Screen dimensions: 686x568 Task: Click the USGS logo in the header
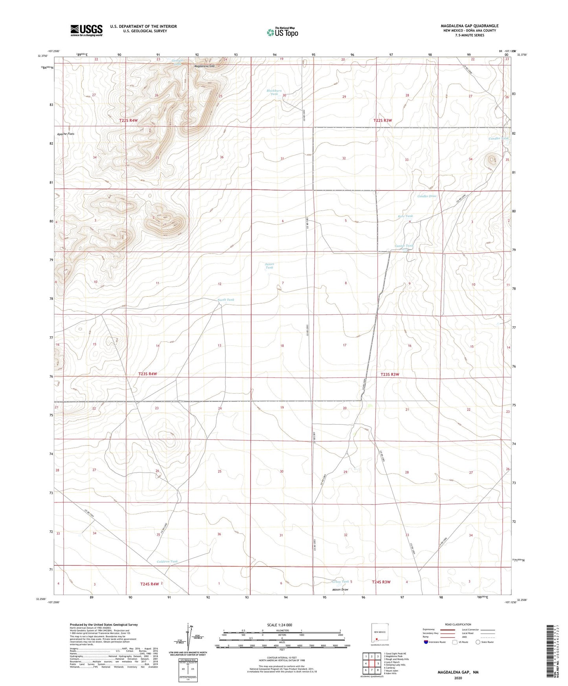(x=86, y=30)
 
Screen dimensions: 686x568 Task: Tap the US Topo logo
(x=282, y=32)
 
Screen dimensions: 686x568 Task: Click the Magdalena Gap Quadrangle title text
(x=469, y=26)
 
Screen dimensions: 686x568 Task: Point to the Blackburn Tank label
(x=274, y=92)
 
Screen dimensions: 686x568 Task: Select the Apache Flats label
(x=66, y=134)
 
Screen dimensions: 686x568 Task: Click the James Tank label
(x=269, y=266)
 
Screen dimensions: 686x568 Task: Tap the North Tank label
(x=226, y=300)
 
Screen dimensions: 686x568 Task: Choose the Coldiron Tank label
(x=167, y=561)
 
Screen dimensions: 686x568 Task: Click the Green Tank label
(x=340, y=581)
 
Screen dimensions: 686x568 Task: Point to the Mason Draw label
(x=340, y=589)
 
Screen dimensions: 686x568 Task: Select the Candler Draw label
(x=427, y=196)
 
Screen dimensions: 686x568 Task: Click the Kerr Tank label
(x=405, y=216)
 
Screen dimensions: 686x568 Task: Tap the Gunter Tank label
(x=404, y=246)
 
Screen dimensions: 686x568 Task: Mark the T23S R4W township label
(x=148, y=374)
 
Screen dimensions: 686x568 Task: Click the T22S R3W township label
(x=382, y=121)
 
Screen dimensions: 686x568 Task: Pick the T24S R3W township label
(x=381, y=582)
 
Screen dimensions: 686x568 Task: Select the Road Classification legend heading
(x=458, y=624)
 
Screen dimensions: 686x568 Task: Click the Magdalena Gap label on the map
(x=204, y=66)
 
